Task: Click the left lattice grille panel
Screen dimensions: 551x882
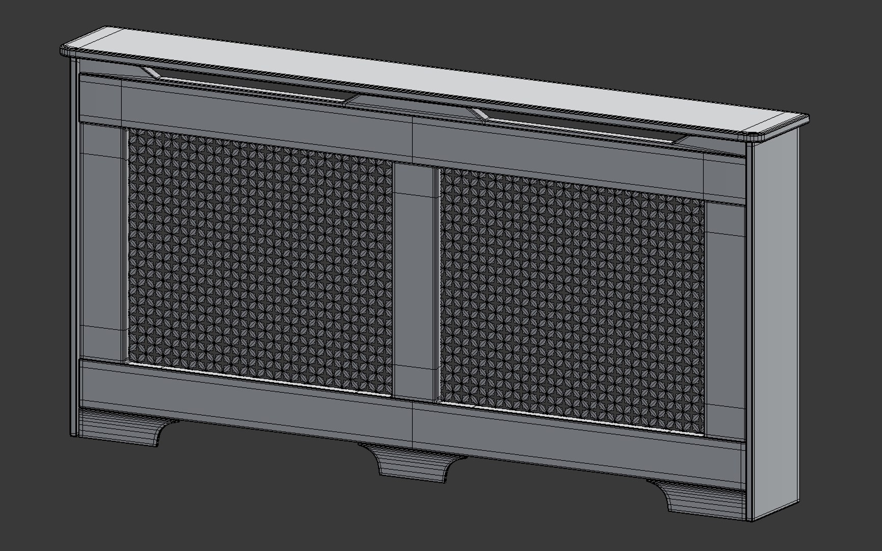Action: (260, 260)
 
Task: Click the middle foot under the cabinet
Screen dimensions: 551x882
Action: (413, 462)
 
